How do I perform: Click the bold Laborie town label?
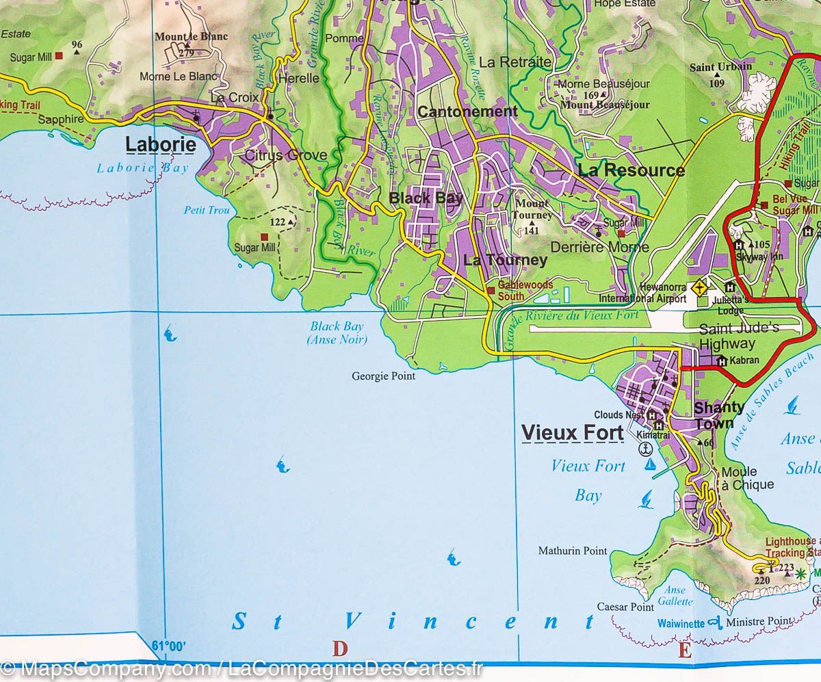coord(161,145)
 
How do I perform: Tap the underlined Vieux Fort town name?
coord(572,433)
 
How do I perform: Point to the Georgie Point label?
coord(383,376)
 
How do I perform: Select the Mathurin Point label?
coord(573,550)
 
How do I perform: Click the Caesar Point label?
coord(625,607)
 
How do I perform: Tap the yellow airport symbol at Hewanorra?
coord(699,288)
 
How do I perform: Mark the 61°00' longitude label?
coord(168,645)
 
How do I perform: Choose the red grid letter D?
coord(340,648)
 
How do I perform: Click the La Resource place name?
coord(631,170)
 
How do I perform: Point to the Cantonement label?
coord(467,112)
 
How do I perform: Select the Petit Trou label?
coord(207,210)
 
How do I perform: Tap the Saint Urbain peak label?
coord(720,66)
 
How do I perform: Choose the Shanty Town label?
coord(719,415)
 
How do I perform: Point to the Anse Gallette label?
coord(674,596)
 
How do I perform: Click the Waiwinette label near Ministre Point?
coord(681,624)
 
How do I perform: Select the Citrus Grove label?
coord(286,155)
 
